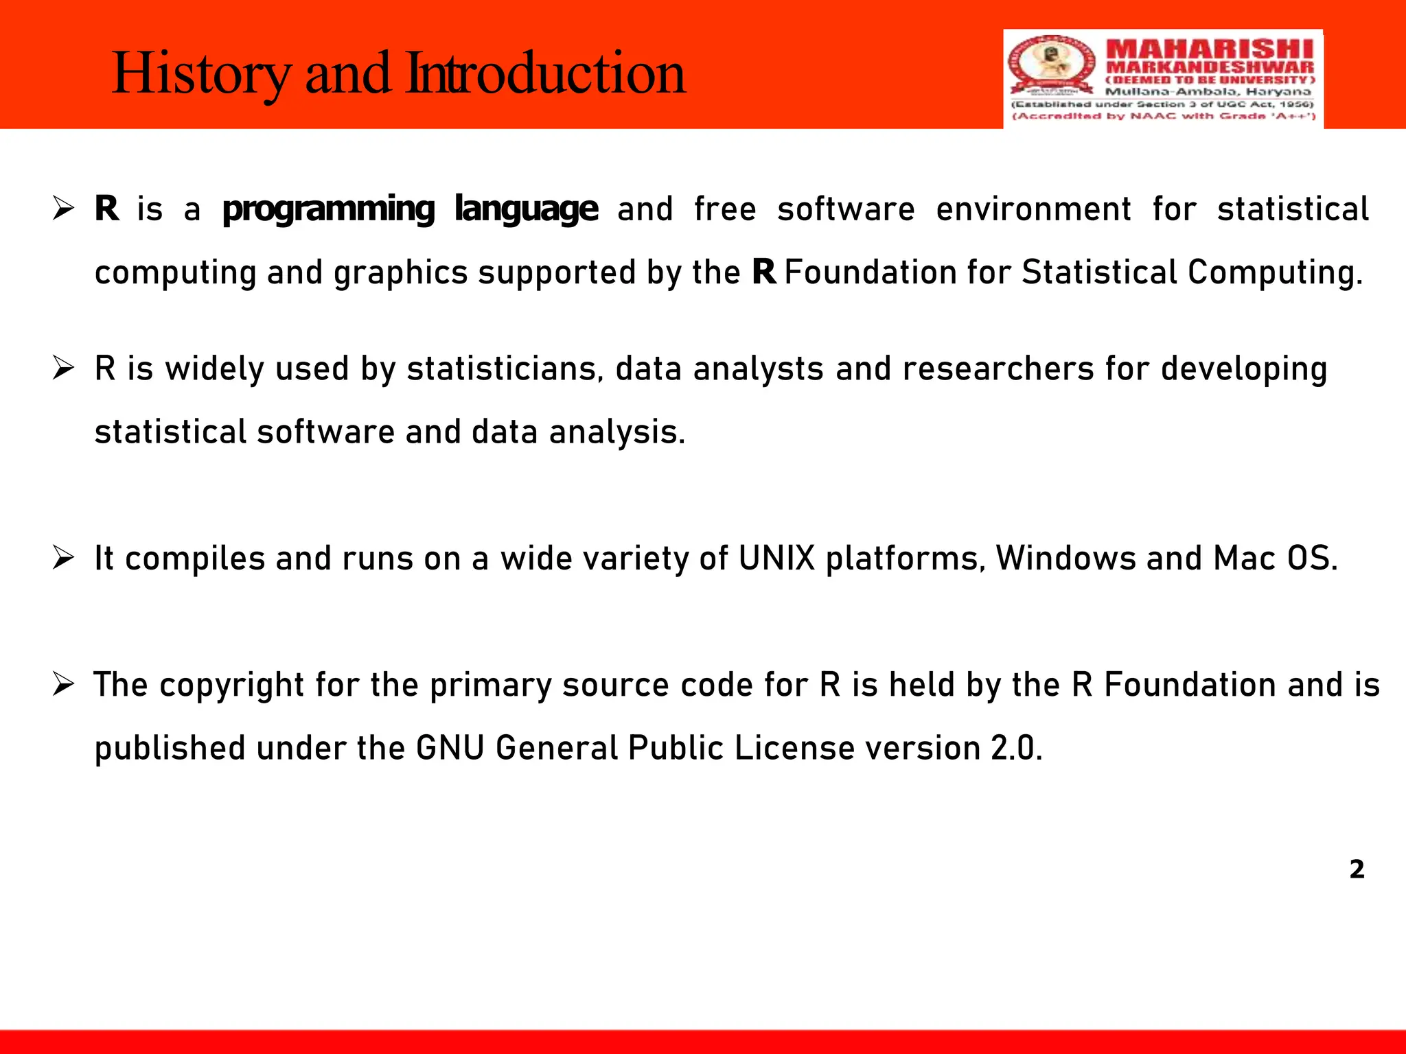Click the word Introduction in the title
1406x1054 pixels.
(x=546, y=74)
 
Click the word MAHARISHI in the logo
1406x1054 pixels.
(x=1210, y=50)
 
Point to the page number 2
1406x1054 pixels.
(x=1357, y=869)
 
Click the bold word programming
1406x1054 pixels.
(x=329, y=209)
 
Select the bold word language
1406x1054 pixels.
(x=526, y=209)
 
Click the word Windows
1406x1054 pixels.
(x=1065, y=559)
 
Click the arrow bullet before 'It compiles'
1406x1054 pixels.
(x=63, y=558)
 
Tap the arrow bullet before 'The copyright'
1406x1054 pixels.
(x=63, y=684)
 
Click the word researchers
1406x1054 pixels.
(x=998, y=369)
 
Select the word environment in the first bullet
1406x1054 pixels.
(x=1033, y=209)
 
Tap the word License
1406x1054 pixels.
(x=794, y=748)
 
